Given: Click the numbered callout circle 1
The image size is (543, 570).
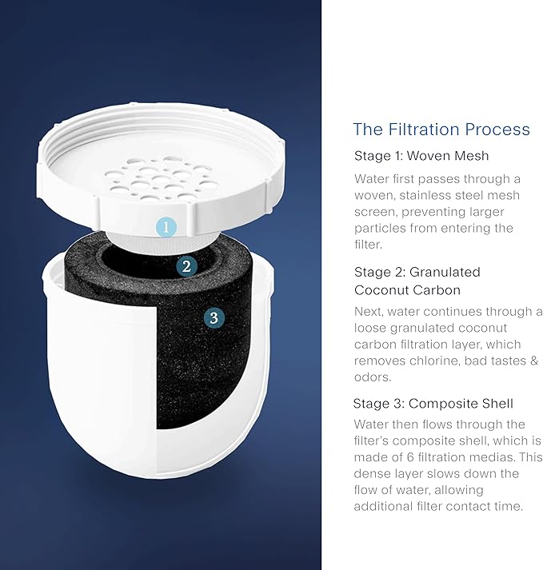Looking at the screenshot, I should pos(166,226).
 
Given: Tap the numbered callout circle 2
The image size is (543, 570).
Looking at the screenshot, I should pos(186,266).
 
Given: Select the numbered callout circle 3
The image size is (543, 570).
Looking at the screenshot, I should pos(213,318).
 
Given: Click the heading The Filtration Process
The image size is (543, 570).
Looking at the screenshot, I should pos(441,130).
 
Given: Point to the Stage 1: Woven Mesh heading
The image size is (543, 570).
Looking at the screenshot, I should pos(421,156).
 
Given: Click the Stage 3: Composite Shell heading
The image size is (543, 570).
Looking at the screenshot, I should pos(433,403).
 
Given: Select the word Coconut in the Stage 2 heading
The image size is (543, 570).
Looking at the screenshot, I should pos(382,289).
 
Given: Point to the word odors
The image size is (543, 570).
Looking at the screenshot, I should pos(373,377).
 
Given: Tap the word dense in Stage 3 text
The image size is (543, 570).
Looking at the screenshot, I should pos(371,474).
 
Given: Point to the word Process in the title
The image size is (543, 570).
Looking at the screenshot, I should pos(500,130).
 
